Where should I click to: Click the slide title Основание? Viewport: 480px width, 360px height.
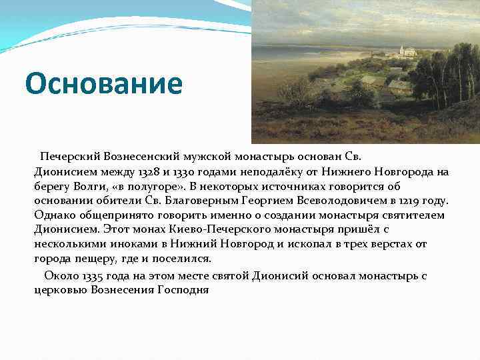click(103, 84)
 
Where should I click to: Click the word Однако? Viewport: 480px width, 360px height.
click(53, 215)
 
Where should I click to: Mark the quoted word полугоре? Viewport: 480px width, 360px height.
click(151, 186)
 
